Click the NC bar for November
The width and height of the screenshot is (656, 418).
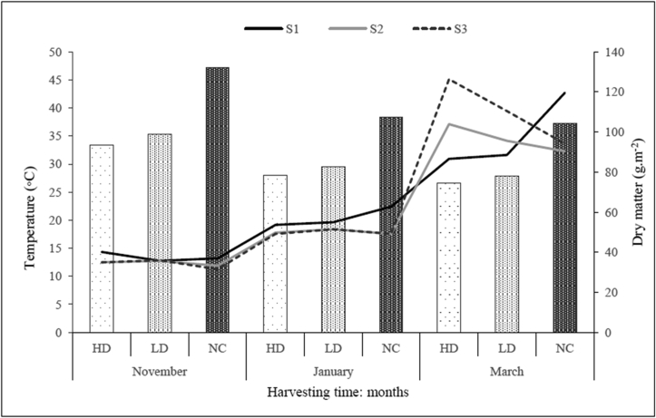tap(218, 199)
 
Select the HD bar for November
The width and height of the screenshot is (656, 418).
tap(102, 238)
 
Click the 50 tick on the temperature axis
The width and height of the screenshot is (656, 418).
tap(57, 53)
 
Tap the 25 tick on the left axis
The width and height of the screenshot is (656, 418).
tap(57, 192)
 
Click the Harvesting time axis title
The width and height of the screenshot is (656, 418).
tap(332, 392)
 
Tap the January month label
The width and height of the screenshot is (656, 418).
tap(332, 371)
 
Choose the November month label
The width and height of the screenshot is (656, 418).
tap(159, 371)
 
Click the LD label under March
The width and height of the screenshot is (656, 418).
tap(506, 347)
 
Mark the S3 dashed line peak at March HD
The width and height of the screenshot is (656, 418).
tap(448, 80)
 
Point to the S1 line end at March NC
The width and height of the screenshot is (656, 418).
tap(564, 93)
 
